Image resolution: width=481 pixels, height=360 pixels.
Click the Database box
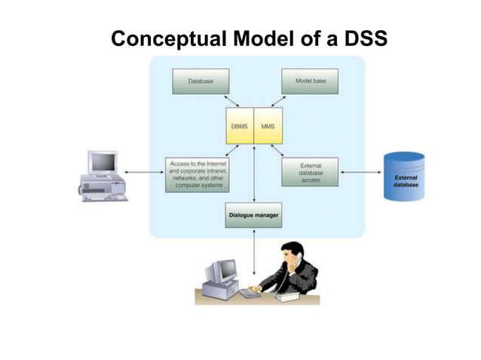(200, 81)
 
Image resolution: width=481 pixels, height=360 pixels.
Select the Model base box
(309, 81)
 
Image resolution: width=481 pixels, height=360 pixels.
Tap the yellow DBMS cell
(240, 127)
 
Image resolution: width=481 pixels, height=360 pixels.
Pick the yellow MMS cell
(268, 127)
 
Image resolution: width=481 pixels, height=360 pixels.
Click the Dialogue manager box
(253, 215)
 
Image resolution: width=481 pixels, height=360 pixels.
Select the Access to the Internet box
(198, 174)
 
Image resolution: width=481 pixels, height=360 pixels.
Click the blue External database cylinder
(404, 176)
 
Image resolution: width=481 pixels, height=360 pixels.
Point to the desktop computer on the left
(103, 175)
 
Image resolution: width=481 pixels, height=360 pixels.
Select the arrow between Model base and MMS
(279, 101)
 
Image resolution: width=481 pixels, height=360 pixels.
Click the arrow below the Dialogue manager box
(254, 252)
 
